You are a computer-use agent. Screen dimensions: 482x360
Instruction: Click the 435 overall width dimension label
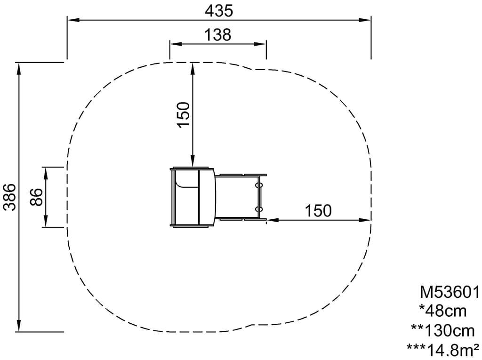click(219, 11)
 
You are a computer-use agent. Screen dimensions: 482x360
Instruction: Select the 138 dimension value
click(218, 35)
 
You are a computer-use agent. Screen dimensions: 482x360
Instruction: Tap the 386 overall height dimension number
click(10, 197)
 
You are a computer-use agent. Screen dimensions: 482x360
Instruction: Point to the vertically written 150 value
click(183, 114)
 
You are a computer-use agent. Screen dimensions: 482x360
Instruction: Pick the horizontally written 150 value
click(318, 211)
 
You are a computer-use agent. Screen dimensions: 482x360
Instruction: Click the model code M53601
click(450, 292)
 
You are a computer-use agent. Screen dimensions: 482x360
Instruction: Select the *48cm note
click(443, 311)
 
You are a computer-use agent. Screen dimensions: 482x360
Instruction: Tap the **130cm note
click(443, 330)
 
